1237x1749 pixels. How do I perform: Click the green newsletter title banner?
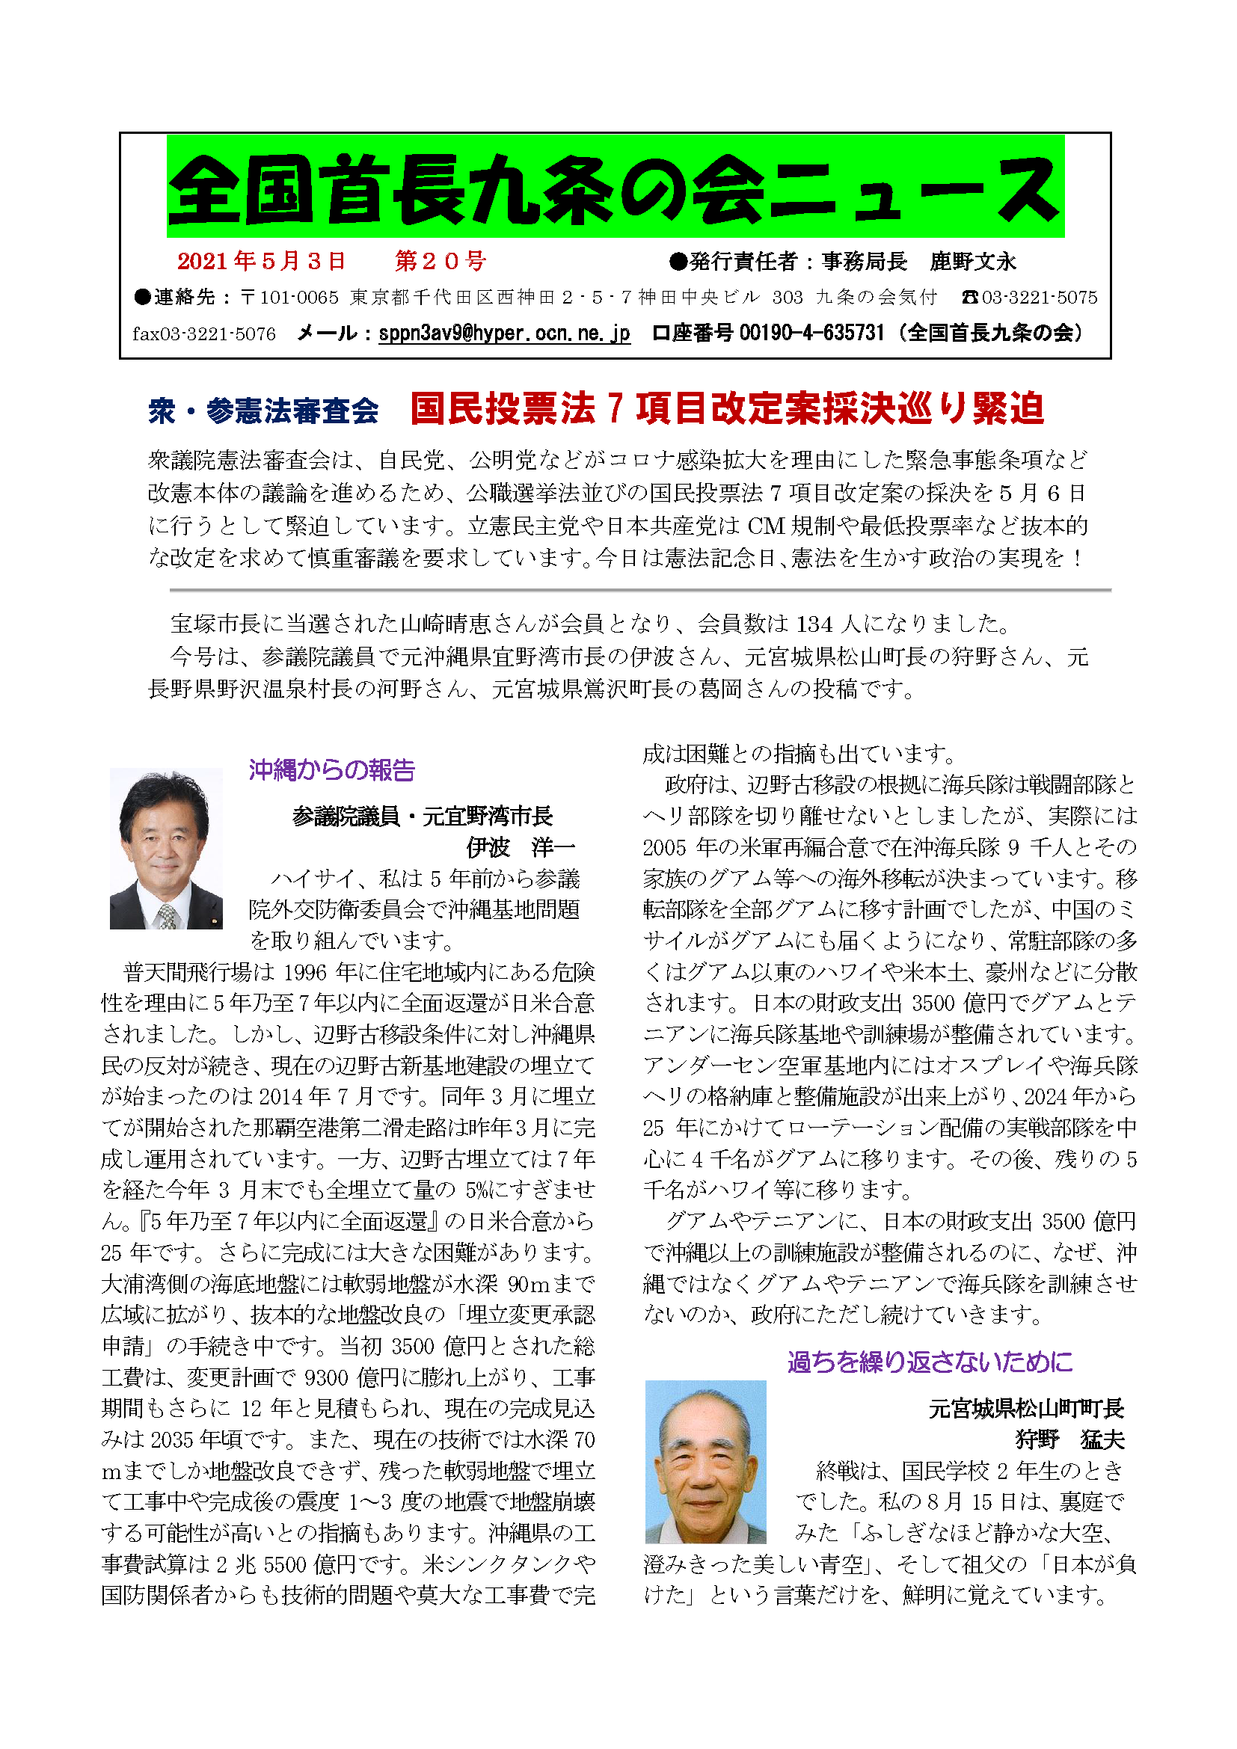point(615,188)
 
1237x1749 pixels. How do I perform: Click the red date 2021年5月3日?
point(261,261)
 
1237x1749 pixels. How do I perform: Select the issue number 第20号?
point(441,261)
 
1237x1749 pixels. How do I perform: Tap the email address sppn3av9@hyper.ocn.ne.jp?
point(503,333)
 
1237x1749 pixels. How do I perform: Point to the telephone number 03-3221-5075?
point(1039,298)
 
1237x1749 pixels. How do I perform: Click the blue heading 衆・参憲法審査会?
point(263,411)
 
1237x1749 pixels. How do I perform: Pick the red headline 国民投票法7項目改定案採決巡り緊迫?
point(727,408)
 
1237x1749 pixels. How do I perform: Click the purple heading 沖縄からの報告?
point(332,770)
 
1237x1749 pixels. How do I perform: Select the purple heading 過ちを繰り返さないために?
point(930,1361)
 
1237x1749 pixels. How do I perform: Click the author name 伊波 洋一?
point(521,847)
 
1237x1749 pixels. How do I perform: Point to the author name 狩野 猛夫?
point(1069,1439)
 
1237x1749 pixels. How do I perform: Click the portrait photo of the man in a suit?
point(166,849)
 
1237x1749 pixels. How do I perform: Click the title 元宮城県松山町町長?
point(1025,1409)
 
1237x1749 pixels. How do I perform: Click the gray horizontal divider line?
point(640,589)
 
